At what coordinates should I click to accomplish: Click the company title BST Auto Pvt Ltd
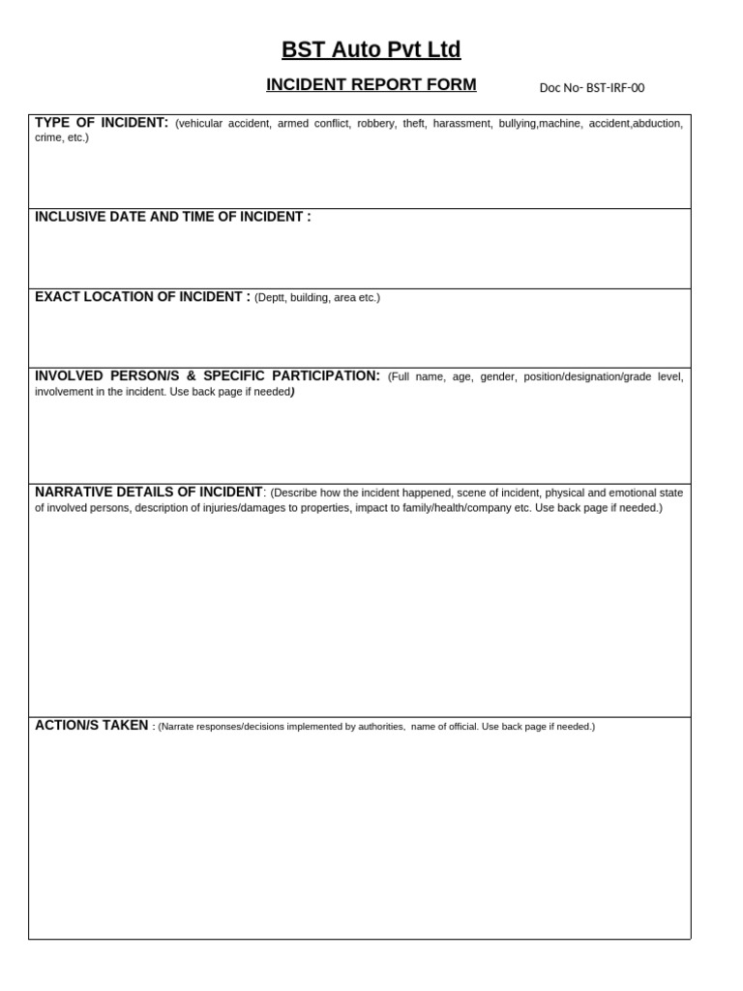tap(371, 49)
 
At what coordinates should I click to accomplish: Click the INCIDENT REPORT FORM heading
tap(371, 84)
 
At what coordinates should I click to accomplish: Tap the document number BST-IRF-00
tap(591, 88)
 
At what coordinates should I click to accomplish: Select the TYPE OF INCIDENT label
tap(101, 122)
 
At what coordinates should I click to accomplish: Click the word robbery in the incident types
tap(376, 124)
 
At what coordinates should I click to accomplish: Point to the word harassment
tap(461, 124)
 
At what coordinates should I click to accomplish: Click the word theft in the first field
tap(413, 124)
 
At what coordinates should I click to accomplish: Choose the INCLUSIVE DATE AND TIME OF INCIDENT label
tap(172, 217)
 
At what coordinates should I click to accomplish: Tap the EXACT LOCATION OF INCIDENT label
tap(142, 297)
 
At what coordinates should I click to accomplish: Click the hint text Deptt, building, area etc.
tap(317, 298)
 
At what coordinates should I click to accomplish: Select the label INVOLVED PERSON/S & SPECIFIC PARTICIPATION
tap(207, 375)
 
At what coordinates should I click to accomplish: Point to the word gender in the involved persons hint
tap(498, 376)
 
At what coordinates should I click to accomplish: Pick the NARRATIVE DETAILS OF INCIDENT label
tap(148, 492)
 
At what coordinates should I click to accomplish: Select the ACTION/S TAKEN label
tap(91, 725)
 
